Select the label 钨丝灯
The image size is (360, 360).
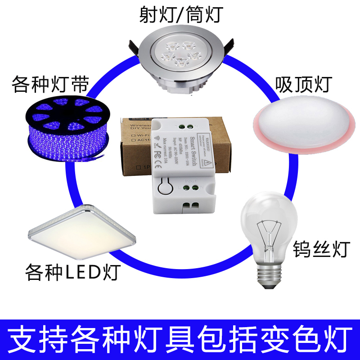pos(321,248)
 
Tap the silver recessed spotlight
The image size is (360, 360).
pos(181,60)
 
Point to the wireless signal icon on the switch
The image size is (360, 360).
pos(157,138)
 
